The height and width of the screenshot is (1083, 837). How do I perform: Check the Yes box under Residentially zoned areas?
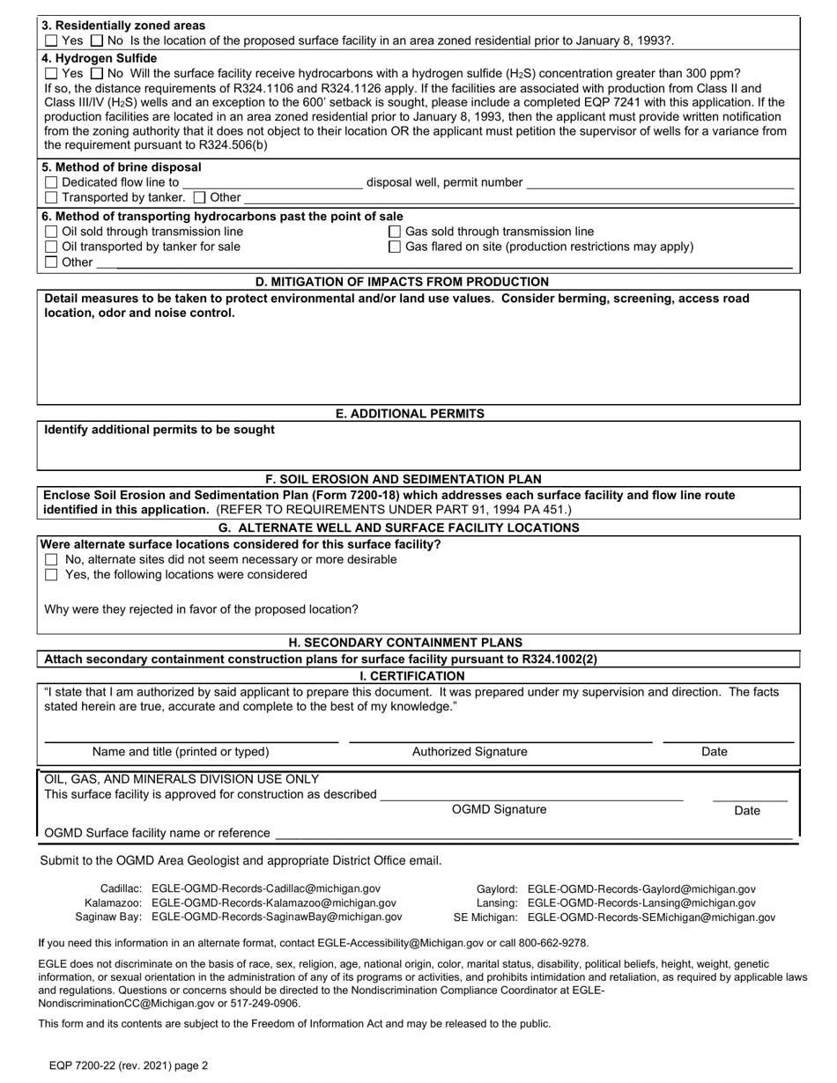pos(51,41)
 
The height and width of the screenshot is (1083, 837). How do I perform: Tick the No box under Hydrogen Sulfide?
pos(97,74)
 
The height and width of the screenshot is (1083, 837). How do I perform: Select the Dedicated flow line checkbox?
pos(51,182)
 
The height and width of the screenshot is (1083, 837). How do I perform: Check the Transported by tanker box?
pos(51,197)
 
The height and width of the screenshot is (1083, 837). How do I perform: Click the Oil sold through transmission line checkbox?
pos(51,232)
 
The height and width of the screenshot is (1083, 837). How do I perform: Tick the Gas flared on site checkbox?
pos(395,247)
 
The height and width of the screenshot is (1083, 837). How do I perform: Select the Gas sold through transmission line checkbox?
pos(395,232)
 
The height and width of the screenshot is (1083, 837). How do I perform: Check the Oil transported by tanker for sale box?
pos(51,247)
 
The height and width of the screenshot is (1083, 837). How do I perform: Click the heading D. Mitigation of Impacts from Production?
pos(402,282)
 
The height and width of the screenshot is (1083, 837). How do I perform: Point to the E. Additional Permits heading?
pos(410,414)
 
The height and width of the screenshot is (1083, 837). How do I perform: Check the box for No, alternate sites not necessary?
pos(51,560)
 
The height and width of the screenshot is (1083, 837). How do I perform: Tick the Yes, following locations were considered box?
pos(51,575)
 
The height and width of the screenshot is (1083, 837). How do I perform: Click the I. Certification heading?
pos(412,676)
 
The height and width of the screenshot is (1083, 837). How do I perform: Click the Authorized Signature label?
pos(470,752)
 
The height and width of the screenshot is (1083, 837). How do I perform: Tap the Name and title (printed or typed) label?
pos(181,752)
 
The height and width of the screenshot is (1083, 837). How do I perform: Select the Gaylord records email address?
pos(641,890)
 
